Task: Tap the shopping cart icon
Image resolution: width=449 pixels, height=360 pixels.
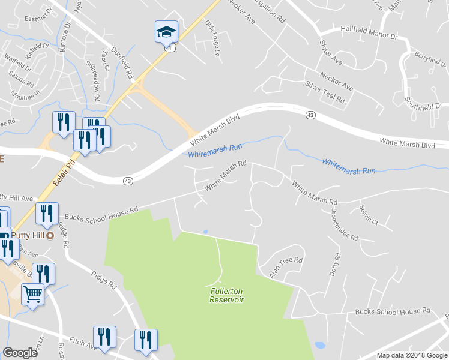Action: tap(33, 295)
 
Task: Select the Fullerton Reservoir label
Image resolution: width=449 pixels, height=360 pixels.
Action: tap(227, 295)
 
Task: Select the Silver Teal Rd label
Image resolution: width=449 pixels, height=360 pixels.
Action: tap(325, 92)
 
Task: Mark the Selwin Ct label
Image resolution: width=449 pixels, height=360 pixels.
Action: tap(368, 215)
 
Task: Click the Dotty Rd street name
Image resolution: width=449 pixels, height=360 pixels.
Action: tap(334, 265)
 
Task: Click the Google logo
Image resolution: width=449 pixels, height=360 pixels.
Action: tap(20, 353)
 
